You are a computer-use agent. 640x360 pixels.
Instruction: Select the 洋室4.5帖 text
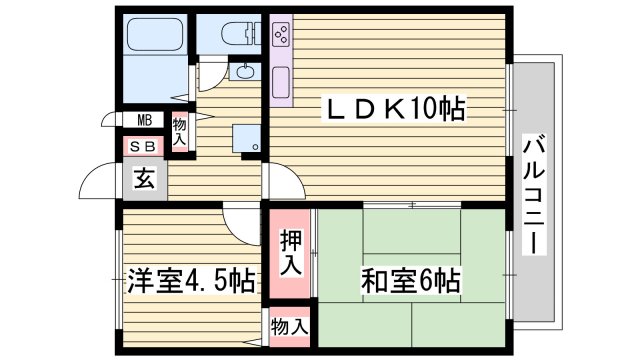coord(188,282)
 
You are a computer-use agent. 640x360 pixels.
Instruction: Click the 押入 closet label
coord(289,253)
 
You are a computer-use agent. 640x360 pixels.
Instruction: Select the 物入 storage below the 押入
coord(290,326)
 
